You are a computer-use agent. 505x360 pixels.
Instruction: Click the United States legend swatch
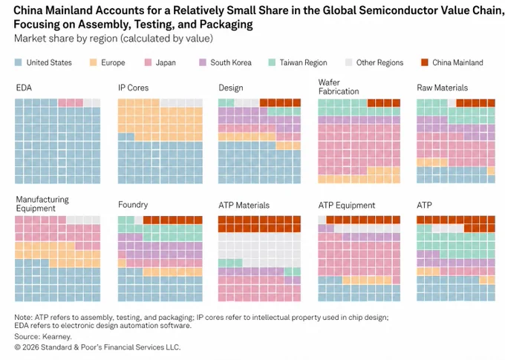19,62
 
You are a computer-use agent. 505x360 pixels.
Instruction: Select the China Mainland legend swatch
425,62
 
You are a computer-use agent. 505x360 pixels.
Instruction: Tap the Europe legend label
113,62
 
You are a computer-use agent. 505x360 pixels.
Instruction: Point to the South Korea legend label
231,62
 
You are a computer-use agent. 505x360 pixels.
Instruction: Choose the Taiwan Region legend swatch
272,62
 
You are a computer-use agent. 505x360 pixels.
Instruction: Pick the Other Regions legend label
379,62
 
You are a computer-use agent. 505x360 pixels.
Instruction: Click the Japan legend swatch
148,62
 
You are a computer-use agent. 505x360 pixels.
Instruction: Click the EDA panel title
24,88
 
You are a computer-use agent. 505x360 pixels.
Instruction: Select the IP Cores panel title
134,88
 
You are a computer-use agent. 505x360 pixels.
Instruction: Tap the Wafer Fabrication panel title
339,87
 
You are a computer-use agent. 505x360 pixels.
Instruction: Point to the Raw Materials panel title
442,88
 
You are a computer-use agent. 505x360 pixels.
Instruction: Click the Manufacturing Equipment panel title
42,204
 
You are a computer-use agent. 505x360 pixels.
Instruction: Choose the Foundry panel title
133,205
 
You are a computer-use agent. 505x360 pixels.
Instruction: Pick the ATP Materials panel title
244,205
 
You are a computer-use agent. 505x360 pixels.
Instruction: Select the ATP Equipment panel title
347,206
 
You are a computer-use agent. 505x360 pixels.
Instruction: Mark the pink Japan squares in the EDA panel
71,102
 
